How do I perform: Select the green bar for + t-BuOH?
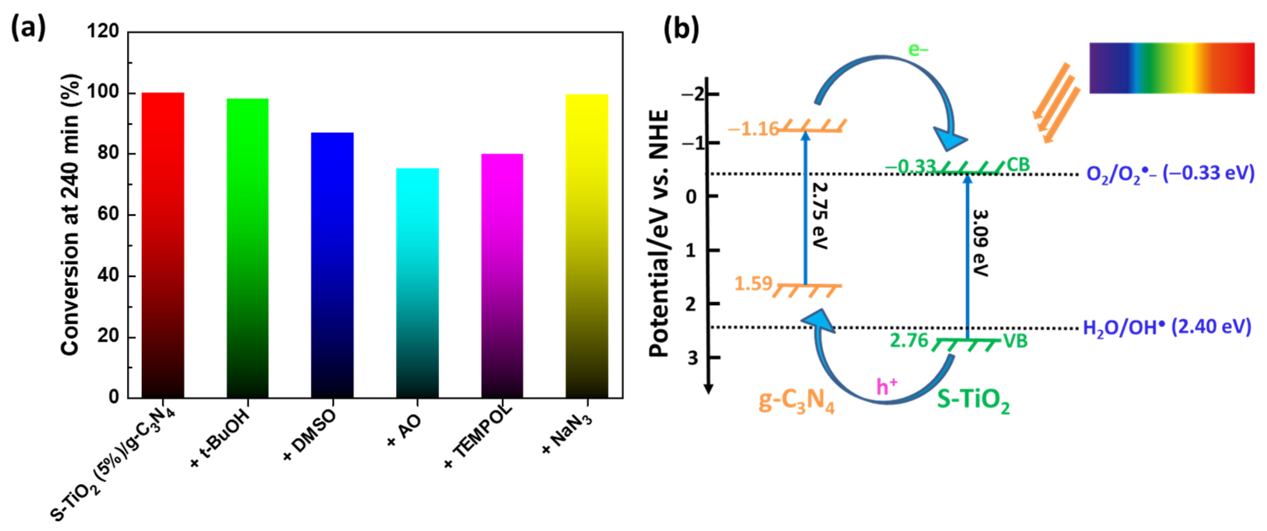point(248,248)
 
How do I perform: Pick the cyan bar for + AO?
point(417,283)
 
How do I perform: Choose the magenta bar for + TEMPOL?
point(502,276)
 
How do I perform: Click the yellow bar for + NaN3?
point(587,246)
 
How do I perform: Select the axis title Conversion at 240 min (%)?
point(70,215)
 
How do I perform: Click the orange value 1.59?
point(753,284)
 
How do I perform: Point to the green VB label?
point(1015,341)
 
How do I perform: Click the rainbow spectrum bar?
point(1171,68)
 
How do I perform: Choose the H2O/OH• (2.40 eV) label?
point(1167,327)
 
